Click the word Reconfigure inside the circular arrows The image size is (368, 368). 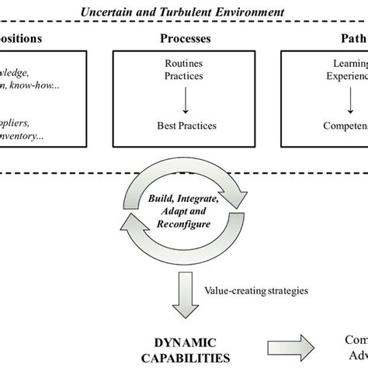coord(184,225)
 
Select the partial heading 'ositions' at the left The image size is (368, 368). coord(22,38)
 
